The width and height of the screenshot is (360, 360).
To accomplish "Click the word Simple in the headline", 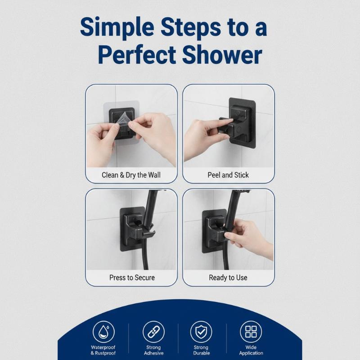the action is (x=117, y=28).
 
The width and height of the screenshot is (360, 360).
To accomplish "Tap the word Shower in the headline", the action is (x=222, y=55).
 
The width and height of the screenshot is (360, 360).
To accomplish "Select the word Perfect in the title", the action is (x=137, y=55).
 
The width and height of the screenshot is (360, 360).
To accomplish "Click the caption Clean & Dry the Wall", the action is (x=131, y=175).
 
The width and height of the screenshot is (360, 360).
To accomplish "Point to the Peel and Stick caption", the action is (x=228, y=175).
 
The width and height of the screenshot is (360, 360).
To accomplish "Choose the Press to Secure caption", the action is (x=132, y=278).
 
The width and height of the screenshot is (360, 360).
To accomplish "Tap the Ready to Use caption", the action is (x=228, y=278).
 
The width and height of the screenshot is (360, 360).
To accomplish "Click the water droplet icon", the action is (x=103, y=332).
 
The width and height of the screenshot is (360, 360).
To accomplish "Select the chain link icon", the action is (x=153, y=332).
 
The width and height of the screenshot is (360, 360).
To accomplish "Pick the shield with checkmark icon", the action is (x=201, y=332).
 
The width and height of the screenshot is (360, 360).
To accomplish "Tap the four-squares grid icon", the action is (x=251, y=332).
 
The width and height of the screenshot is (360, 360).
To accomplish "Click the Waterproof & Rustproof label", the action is (x=103, y=350).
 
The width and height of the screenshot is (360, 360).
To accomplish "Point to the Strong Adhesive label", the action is (x=153, y=350).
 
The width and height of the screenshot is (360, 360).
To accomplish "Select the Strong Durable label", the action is (x=201, y=350).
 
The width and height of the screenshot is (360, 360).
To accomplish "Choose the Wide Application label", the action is (x=251, y=350).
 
